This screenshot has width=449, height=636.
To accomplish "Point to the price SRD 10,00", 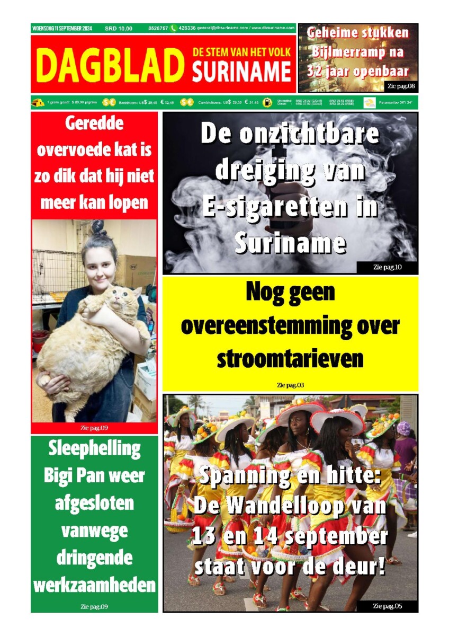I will point(119,28).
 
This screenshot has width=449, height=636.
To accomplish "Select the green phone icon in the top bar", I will point(173,28).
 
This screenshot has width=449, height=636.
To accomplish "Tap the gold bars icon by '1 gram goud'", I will point(38,103).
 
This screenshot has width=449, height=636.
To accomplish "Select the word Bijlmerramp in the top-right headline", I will point(358,52).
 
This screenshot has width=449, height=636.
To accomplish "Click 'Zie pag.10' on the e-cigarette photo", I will point(387,267).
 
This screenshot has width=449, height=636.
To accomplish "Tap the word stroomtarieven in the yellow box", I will point(290,359).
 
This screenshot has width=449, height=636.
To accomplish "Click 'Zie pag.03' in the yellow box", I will point(290,385).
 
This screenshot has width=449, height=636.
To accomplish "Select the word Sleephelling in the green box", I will point(94,448).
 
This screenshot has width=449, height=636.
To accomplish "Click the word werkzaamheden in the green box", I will point(94,585).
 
